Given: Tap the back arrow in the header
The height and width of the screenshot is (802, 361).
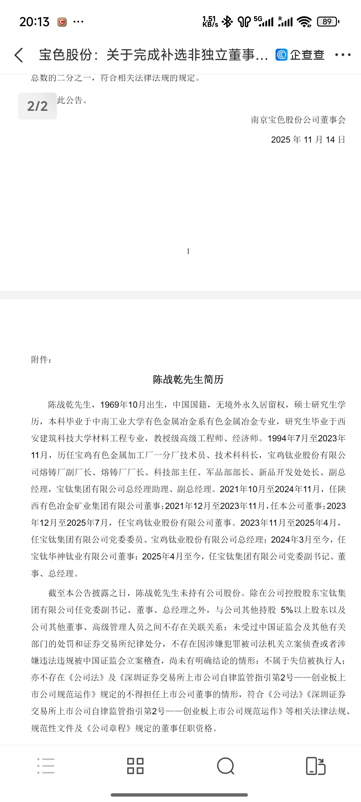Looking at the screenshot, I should click(x=19, y=55).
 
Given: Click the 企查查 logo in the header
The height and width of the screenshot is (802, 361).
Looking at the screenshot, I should click(x=300, y=55).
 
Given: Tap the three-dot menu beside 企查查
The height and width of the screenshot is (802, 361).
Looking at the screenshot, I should click(x=343, y=55).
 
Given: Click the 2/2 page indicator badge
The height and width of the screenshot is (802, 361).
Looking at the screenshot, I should click(x=37, y=106).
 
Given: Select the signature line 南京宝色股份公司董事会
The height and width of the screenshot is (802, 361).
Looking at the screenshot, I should click(x=298, y=120).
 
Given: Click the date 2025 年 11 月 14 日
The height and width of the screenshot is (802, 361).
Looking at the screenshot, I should click(x=308, y=139).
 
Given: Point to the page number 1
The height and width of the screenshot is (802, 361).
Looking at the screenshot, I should click(x=188, y=251).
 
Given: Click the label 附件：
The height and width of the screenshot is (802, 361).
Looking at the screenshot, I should click(x=41, y=360).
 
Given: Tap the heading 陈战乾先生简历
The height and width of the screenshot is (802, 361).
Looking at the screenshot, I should click(x=188, y=379).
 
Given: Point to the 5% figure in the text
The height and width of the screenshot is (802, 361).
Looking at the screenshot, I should click(x=287, y=610).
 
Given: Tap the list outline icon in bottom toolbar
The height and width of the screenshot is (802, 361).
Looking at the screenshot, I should click(x=46, y=766).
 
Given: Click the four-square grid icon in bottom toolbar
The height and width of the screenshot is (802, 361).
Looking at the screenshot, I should click(x=135, y=766).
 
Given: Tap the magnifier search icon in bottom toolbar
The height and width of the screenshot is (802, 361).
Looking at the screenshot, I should click(x=226, y=766).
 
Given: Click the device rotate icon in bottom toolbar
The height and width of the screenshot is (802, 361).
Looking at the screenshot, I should click(x=316, y=766).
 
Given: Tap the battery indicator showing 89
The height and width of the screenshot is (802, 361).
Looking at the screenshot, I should click(x=328, y=22).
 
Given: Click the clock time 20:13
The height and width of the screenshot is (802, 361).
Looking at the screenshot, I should click(x=34, y=22).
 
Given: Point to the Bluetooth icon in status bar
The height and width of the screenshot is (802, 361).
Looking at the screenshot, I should click(x=227, y=22).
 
